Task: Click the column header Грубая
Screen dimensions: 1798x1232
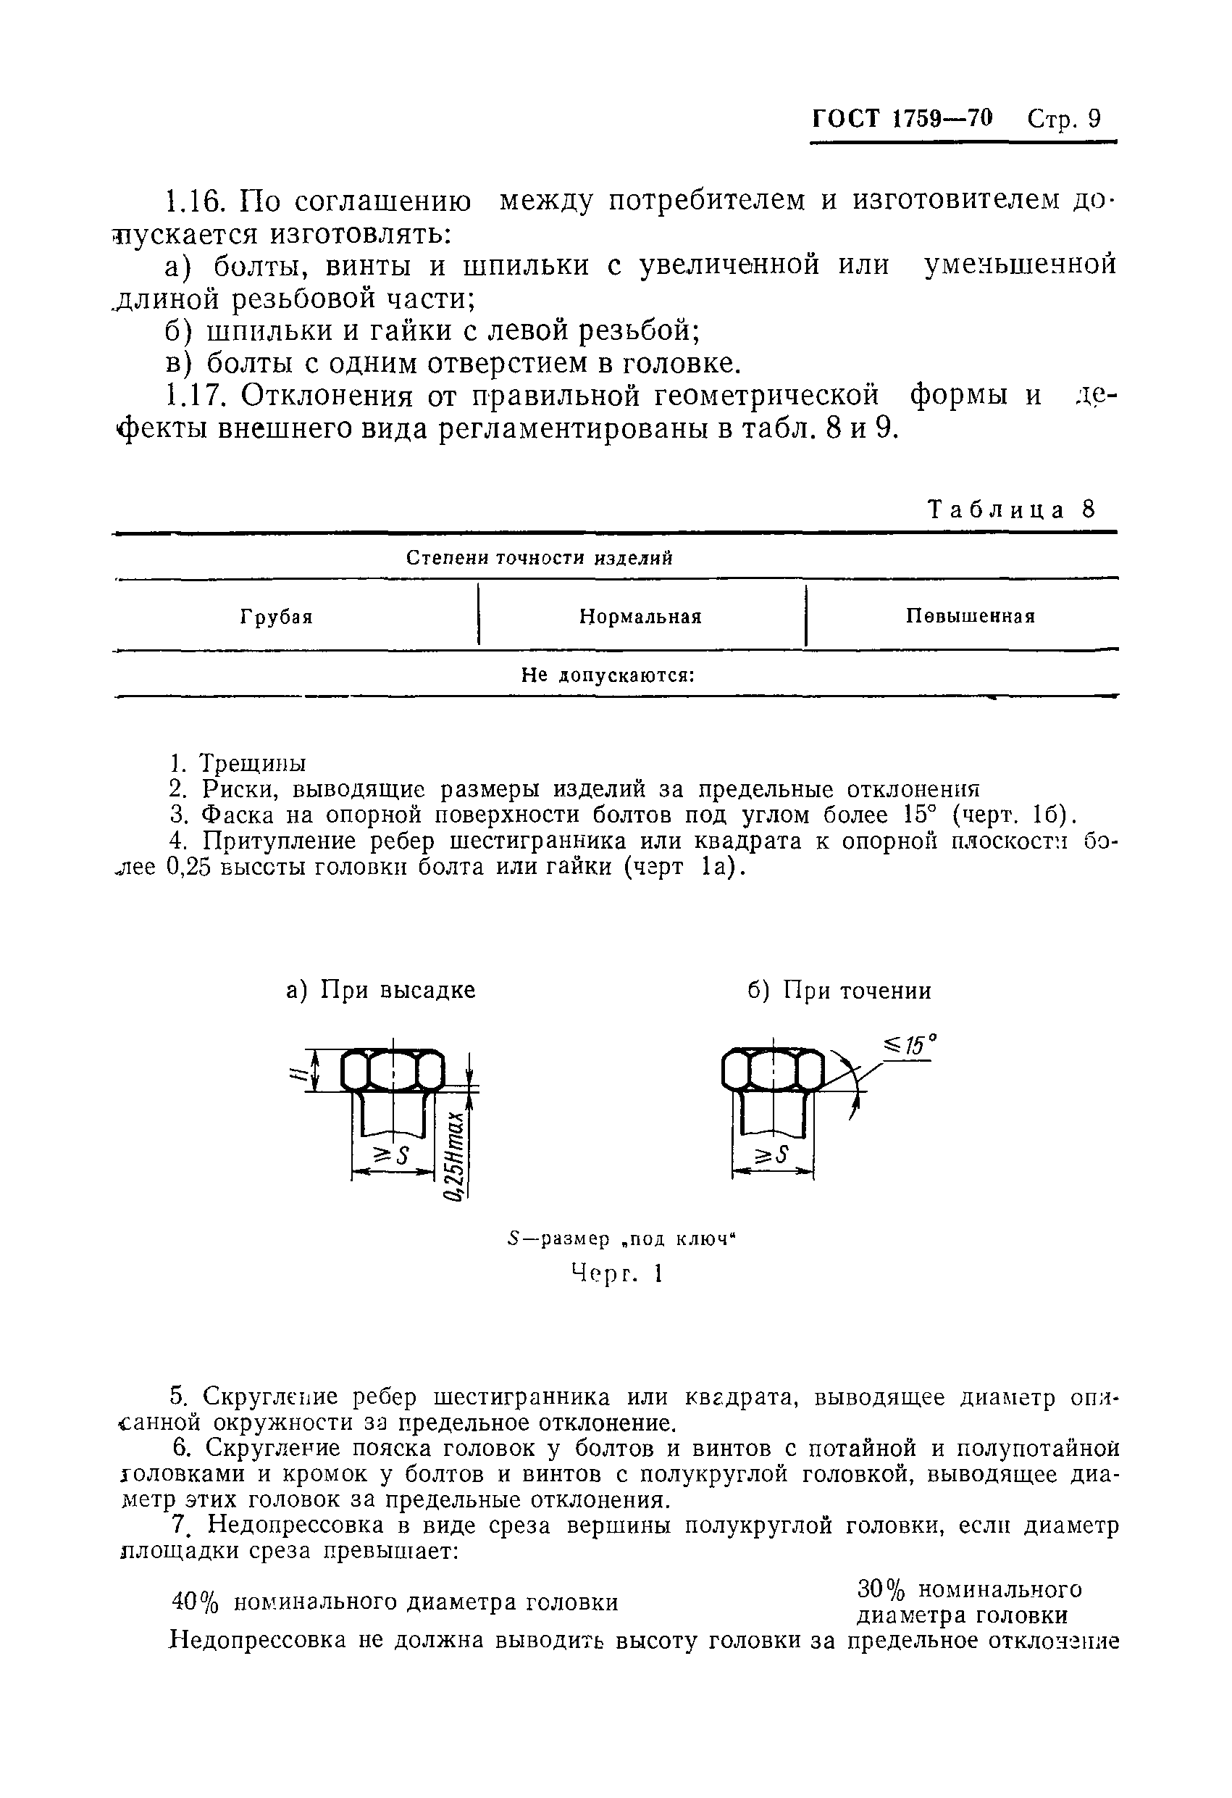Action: coord(276,617)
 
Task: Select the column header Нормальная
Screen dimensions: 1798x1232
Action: coord(640,617)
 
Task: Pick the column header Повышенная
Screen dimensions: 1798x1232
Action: coord(970,617)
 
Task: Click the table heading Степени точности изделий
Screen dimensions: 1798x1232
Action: coord(539,559)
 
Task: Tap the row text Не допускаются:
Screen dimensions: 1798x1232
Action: coord(608,675)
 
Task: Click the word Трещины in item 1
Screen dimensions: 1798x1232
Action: coord(252,764)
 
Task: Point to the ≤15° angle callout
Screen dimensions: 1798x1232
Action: coord(910,1046)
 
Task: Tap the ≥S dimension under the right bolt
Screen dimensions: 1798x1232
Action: coord(771,1156)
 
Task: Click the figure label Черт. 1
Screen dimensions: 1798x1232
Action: coord(616,1273)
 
